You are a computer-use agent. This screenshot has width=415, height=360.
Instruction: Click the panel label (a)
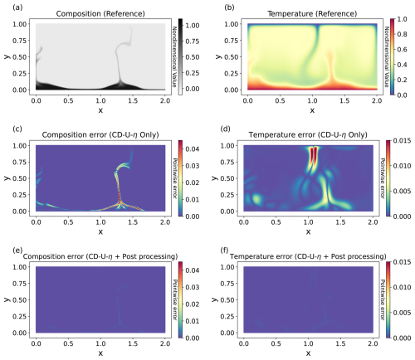coord(17,7)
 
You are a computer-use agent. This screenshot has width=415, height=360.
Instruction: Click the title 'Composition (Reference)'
coord(100,14)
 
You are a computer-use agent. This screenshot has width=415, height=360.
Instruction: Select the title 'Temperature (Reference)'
coord(312,14)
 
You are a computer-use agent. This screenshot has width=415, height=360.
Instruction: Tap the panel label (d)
coord(225,129)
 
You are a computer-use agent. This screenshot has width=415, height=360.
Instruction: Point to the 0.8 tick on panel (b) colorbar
coord(402,34)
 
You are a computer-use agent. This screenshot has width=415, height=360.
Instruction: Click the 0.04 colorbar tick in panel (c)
coord(193,149)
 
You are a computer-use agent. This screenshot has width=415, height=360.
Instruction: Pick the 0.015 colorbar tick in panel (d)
coord(402,141)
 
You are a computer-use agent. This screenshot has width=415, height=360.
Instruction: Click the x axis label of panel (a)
coord(100,110)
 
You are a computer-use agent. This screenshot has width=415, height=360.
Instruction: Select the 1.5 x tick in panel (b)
coord(344,100)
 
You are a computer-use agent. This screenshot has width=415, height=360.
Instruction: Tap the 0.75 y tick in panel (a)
coord(20,41)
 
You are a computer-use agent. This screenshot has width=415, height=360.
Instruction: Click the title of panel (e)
coord(100,256)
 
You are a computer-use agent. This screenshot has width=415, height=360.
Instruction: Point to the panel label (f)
coord(225,251)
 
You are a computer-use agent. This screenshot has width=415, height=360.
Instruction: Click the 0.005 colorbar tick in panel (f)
coord(402,313)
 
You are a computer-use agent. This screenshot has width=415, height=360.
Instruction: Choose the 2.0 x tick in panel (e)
coord(165,343)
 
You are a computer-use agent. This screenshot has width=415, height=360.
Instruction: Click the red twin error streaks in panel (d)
coord(314,155)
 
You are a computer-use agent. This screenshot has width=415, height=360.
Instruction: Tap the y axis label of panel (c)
coord(7,178)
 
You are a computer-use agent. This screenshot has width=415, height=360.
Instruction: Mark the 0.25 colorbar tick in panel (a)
coord(193,73)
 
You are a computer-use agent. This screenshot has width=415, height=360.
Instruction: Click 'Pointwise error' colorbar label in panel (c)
coord(175,178)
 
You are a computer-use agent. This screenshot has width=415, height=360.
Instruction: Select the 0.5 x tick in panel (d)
coord(276,222)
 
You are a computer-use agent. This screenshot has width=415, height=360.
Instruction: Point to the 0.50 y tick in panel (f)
coord(227,300)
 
